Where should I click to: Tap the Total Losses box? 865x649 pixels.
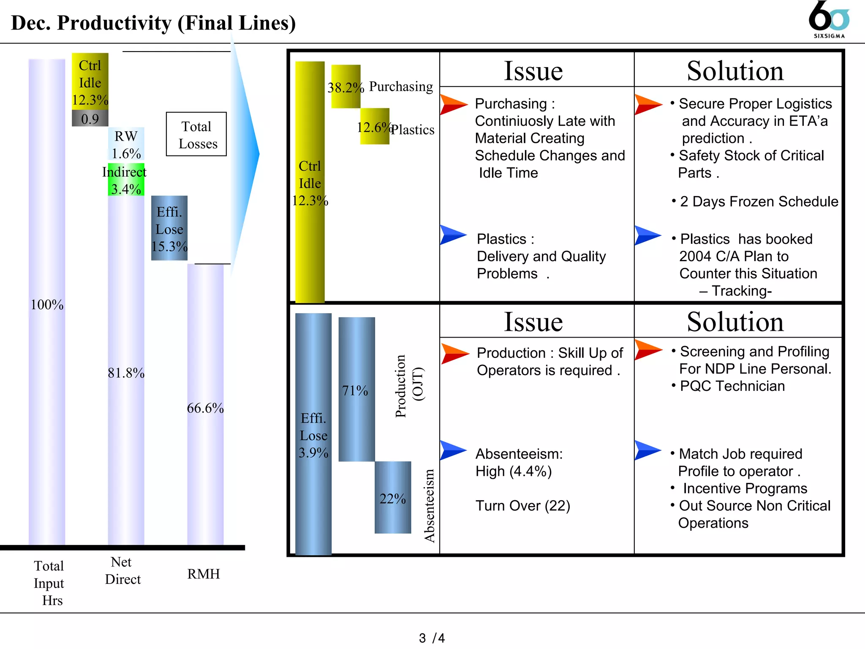(196, 134)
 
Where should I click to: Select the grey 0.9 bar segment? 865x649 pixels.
(90, 119)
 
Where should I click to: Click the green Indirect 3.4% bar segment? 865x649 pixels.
(126, 180)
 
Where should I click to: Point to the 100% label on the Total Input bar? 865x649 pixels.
(47, 305)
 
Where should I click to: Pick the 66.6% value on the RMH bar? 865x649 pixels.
(205, 408)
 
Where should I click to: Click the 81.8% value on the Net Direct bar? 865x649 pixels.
(126, 373)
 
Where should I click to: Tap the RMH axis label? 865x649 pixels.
(204, 574)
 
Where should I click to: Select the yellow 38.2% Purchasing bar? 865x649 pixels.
(345, 87)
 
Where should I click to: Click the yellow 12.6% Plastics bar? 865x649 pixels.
(374, 126)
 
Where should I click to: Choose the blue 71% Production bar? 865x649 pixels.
(356, 390)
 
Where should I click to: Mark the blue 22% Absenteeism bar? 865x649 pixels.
(392, 498)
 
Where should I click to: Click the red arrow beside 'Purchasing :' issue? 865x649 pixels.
(453, 104)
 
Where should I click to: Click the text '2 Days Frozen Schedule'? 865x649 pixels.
(759, 202)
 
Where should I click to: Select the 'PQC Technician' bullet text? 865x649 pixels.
(732, 386)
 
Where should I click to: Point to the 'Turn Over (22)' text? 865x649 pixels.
(523, 506)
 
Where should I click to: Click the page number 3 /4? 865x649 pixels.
(432, 638)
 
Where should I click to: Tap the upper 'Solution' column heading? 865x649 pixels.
(735, 71)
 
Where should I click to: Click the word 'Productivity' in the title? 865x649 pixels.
(114, 23)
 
